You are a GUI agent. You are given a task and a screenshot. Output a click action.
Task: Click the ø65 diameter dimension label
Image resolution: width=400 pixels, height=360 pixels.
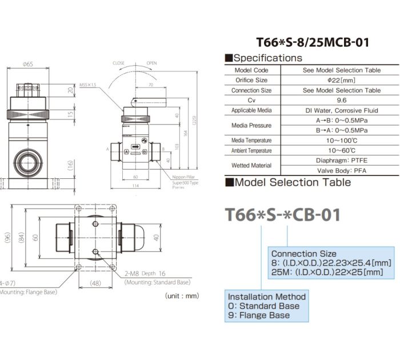[x=27, y=64]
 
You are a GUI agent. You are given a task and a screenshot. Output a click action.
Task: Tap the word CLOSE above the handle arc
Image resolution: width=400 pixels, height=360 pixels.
[x=118, y=63]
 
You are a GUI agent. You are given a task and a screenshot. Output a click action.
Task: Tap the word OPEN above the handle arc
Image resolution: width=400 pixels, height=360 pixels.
[x=151, y=63]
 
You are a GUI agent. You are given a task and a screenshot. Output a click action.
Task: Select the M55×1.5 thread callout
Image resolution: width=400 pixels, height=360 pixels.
[x=88, y=83]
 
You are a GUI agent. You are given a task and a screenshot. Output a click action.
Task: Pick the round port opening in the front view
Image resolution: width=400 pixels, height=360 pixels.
[x=27, y=162]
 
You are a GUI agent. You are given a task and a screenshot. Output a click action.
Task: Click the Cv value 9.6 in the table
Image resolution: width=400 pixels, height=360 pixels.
[x=341, y=100]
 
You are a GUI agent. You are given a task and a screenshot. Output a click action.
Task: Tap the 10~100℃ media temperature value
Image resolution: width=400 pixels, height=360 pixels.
[x=341, y=141]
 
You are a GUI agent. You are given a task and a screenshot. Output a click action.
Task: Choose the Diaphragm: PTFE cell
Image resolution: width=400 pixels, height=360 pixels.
[x=341, y=161]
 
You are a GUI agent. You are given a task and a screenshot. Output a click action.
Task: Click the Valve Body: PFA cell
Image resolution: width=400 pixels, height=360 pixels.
[x=341, y=170]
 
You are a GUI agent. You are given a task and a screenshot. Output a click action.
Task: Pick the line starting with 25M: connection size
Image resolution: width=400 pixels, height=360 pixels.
[x=323, y=272]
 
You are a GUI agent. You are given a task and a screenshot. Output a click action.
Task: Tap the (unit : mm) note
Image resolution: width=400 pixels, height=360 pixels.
[x=182, y=296]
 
